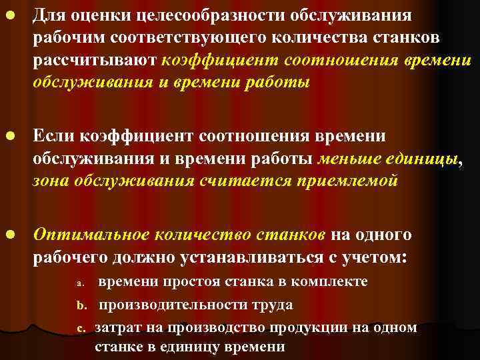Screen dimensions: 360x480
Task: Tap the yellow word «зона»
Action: [x=55, y=181]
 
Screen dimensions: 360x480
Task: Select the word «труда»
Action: [x=271, y=305]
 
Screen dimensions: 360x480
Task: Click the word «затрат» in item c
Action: [x=117, y=327]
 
